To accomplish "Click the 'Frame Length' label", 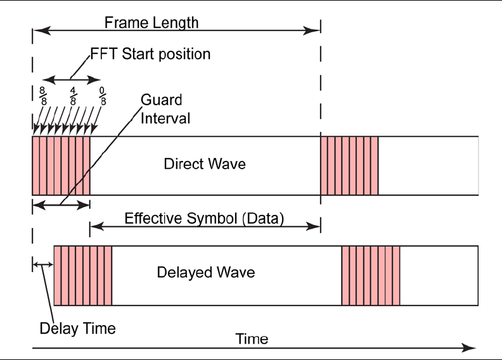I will point(151,23).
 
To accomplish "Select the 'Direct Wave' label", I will point(205,164).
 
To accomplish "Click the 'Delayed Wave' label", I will point(205,273).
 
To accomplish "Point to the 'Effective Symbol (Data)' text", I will point(204,218).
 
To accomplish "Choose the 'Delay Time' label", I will point(77,328).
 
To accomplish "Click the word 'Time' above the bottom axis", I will point(252,338).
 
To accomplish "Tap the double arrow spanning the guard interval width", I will point(61,205).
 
